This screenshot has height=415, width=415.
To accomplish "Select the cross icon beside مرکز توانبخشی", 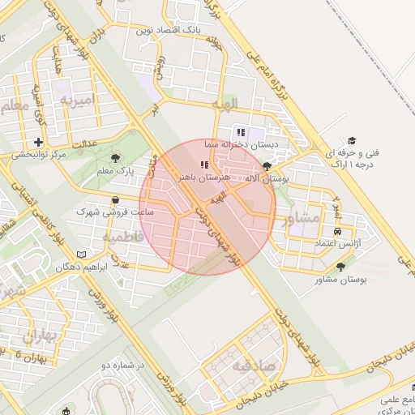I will pyautogui.click(x=38, y=142).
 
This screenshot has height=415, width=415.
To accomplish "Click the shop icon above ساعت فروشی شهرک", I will pyautogui.click(x=114, y=199).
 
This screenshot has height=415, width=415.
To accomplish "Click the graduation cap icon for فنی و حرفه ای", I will pyautogui.click(x=352, y=140).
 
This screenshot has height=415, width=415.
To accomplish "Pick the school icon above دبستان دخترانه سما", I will pyautogui.click(x=240, y=132).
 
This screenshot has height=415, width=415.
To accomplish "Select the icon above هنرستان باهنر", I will pyautogui.click(x=203, y=165).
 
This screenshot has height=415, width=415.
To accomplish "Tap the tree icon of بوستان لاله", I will pyautogui.click(x=267, y=165).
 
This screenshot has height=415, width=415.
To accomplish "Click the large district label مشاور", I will pyautogui.click(x=295, y=218).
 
